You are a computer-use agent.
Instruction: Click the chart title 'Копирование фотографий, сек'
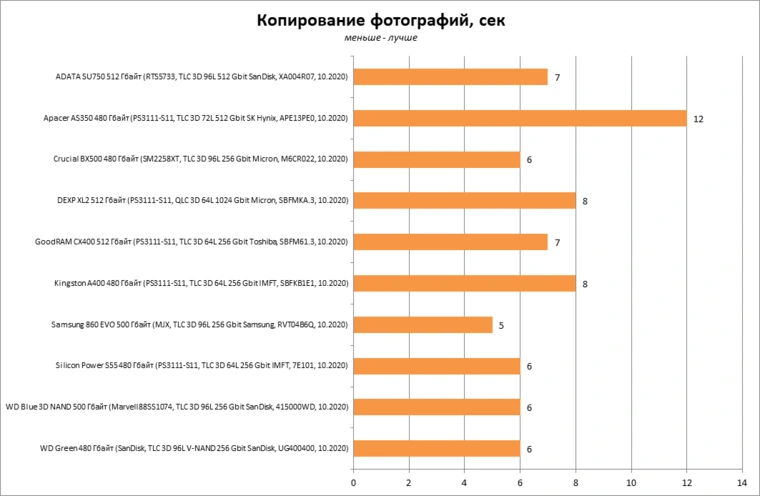[379, 21]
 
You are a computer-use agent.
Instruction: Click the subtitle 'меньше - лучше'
[379, 39]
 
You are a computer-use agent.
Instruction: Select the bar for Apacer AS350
[519, 118]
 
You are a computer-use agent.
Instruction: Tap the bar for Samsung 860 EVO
[422, 325]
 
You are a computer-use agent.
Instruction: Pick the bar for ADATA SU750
[450, 77]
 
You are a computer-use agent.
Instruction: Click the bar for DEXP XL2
[464, 201]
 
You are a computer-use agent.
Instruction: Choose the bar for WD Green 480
[436, 449]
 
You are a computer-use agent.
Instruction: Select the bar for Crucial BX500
[436, 160]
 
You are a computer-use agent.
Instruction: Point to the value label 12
[699, 119]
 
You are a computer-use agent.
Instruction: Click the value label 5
[501, 326]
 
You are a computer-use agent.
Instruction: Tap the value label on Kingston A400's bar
[585, 284]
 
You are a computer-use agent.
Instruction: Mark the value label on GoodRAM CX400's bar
[557, 243]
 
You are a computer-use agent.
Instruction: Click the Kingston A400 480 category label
[200, 284]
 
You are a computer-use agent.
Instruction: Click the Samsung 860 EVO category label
[199, 325]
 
